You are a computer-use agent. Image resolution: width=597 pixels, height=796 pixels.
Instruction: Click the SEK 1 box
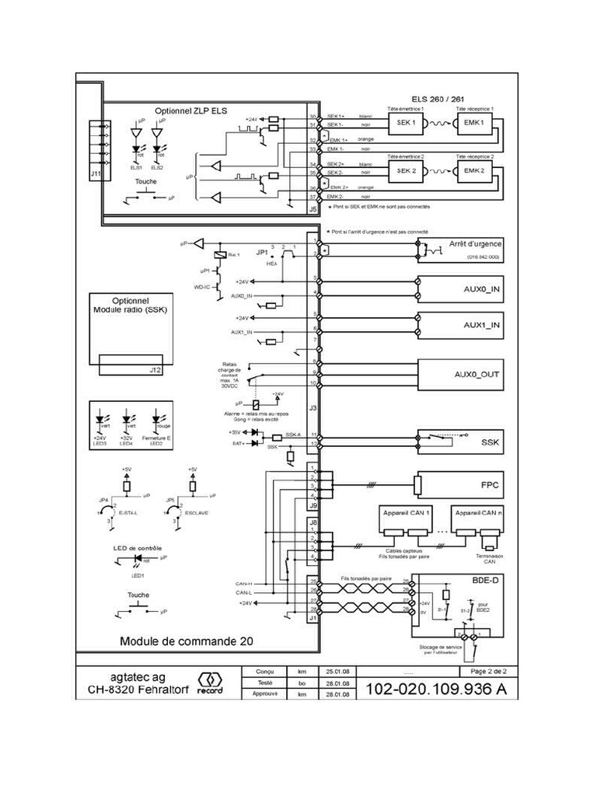pos(407,124)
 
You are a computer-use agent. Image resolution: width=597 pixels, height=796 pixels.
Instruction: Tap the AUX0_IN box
pos(462,288)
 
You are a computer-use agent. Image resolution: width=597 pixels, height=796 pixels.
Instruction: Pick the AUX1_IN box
pos(462,326)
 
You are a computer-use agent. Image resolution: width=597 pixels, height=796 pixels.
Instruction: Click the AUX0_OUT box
pos(462,374)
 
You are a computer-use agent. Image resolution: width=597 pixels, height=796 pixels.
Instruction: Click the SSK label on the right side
pos(490,442)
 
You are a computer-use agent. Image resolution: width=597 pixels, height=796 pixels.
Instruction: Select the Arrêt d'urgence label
pos(474,244)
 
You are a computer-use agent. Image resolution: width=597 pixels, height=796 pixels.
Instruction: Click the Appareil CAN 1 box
pos(406,515)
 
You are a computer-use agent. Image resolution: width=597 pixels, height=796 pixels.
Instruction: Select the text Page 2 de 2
pos(488,670)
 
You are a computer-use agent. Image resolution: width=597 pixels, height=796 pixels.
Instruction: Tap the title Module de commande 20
pos(187,641)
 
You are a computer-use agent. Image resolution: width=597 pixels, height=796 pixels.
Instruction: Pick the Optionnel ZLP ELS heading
pos(191,111)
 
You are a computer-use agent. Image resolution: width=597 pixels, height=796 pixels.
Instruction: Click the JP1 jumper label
pos(262,253)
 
